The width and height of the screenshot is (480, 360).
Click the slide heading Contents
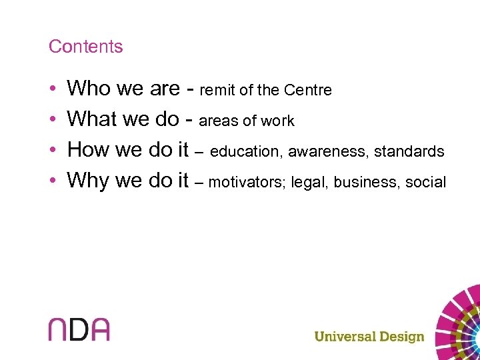(85, 47)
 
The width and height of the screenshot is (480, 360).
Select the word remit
(216, 90)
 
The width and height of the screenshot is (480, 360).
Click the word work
(278, 121)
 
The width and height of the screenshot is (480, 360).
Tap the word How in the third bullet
(89, 149)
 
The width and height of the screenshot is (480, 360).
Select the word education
(247, 152)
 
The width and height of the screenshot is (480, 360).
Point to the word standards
(409, 152)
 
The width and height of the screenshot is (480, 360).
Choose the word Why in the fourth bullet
(89, 180)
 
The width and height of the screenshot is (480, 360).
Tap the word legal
(312, 182)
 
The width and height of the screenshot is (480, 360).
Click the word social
(426, 182)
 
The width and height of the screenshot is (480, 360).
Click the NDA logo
(79, 329)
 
